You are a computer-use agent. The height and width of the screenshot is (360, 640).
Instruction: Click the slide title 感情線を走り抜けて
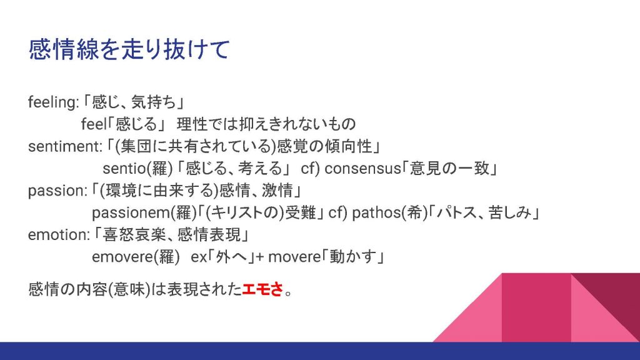[129, 50]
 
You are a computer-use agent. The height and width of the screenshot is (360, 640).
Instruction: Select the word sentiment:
[65, 146]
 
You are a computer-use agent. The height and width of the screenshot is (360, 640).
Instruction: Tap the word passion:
[57, 191]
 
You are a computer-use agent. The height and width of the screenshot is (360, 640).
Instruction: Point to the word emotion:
[59, 235]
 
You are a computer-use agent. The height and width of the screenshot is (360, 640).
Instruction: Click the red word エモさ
[262, 289]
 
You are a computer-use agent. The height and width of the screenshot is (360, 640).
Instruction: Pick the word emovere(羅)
[136, 257]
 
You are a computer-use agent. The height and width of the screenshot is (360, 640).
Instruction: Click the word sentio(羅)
[138, 168]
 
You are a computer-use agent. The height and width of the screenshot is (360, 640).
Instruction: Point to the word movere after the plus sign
[295, 257]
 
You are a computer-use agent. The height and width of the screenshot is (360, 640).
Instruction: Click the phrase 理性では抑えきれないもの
[266, 124]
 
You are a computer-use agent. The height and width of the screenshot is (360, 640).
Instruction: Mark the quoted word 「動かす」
[354, 257]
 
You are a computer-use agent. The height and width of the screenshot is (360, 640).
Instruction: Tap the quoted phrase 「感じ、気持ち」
[134, 102]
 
